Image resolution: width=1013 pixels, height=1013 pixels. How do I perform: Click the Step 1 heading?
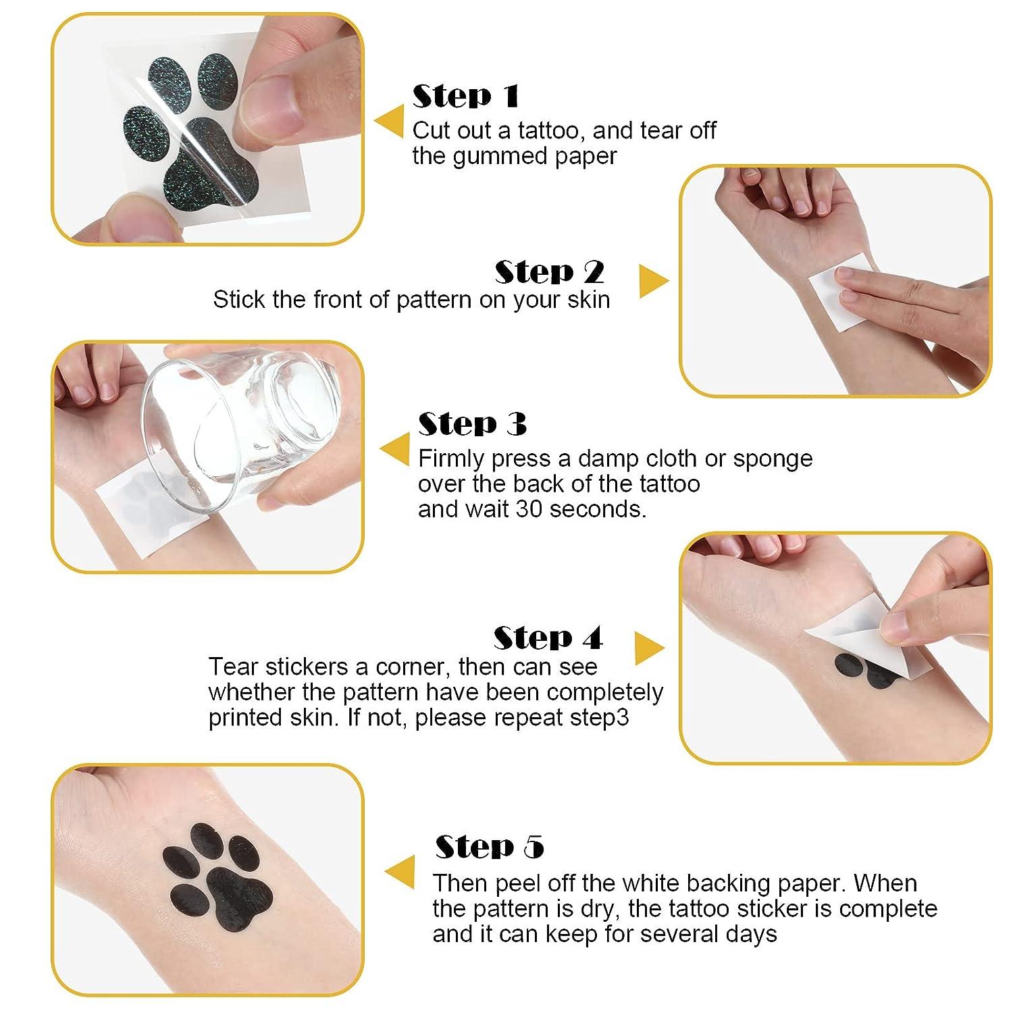click(465, 96)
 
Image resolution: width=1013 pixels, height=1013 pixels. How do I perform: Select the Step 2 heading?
click(549, 272)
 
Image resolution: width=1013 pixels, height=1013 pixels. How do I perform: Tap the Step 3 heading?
click(472, 424)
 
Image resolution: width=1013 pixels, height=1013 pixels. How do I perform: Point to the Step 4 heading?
click(548, 638)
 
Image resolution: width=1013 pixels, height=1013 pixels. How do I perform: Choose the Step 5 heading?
click(489, 847)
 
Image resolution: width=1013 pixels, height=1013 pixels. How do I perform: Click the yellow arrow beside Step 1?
click(390, 122)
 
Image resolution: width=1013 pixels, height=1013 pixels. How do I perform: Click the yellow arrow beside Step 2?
click(652, 281)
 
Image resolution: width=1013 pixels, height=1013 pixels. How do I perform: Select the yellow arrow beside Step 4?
click(649, 648)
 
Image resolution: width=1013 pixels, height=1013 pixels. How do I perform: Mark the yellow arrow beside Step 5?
click(400, 872)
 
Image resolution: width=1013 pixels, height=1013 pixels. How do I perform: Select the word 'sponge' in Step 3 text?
click(773, 459)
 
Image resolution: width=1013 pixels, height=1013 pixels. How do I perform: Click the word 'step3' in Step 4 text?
click(599, 717)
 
